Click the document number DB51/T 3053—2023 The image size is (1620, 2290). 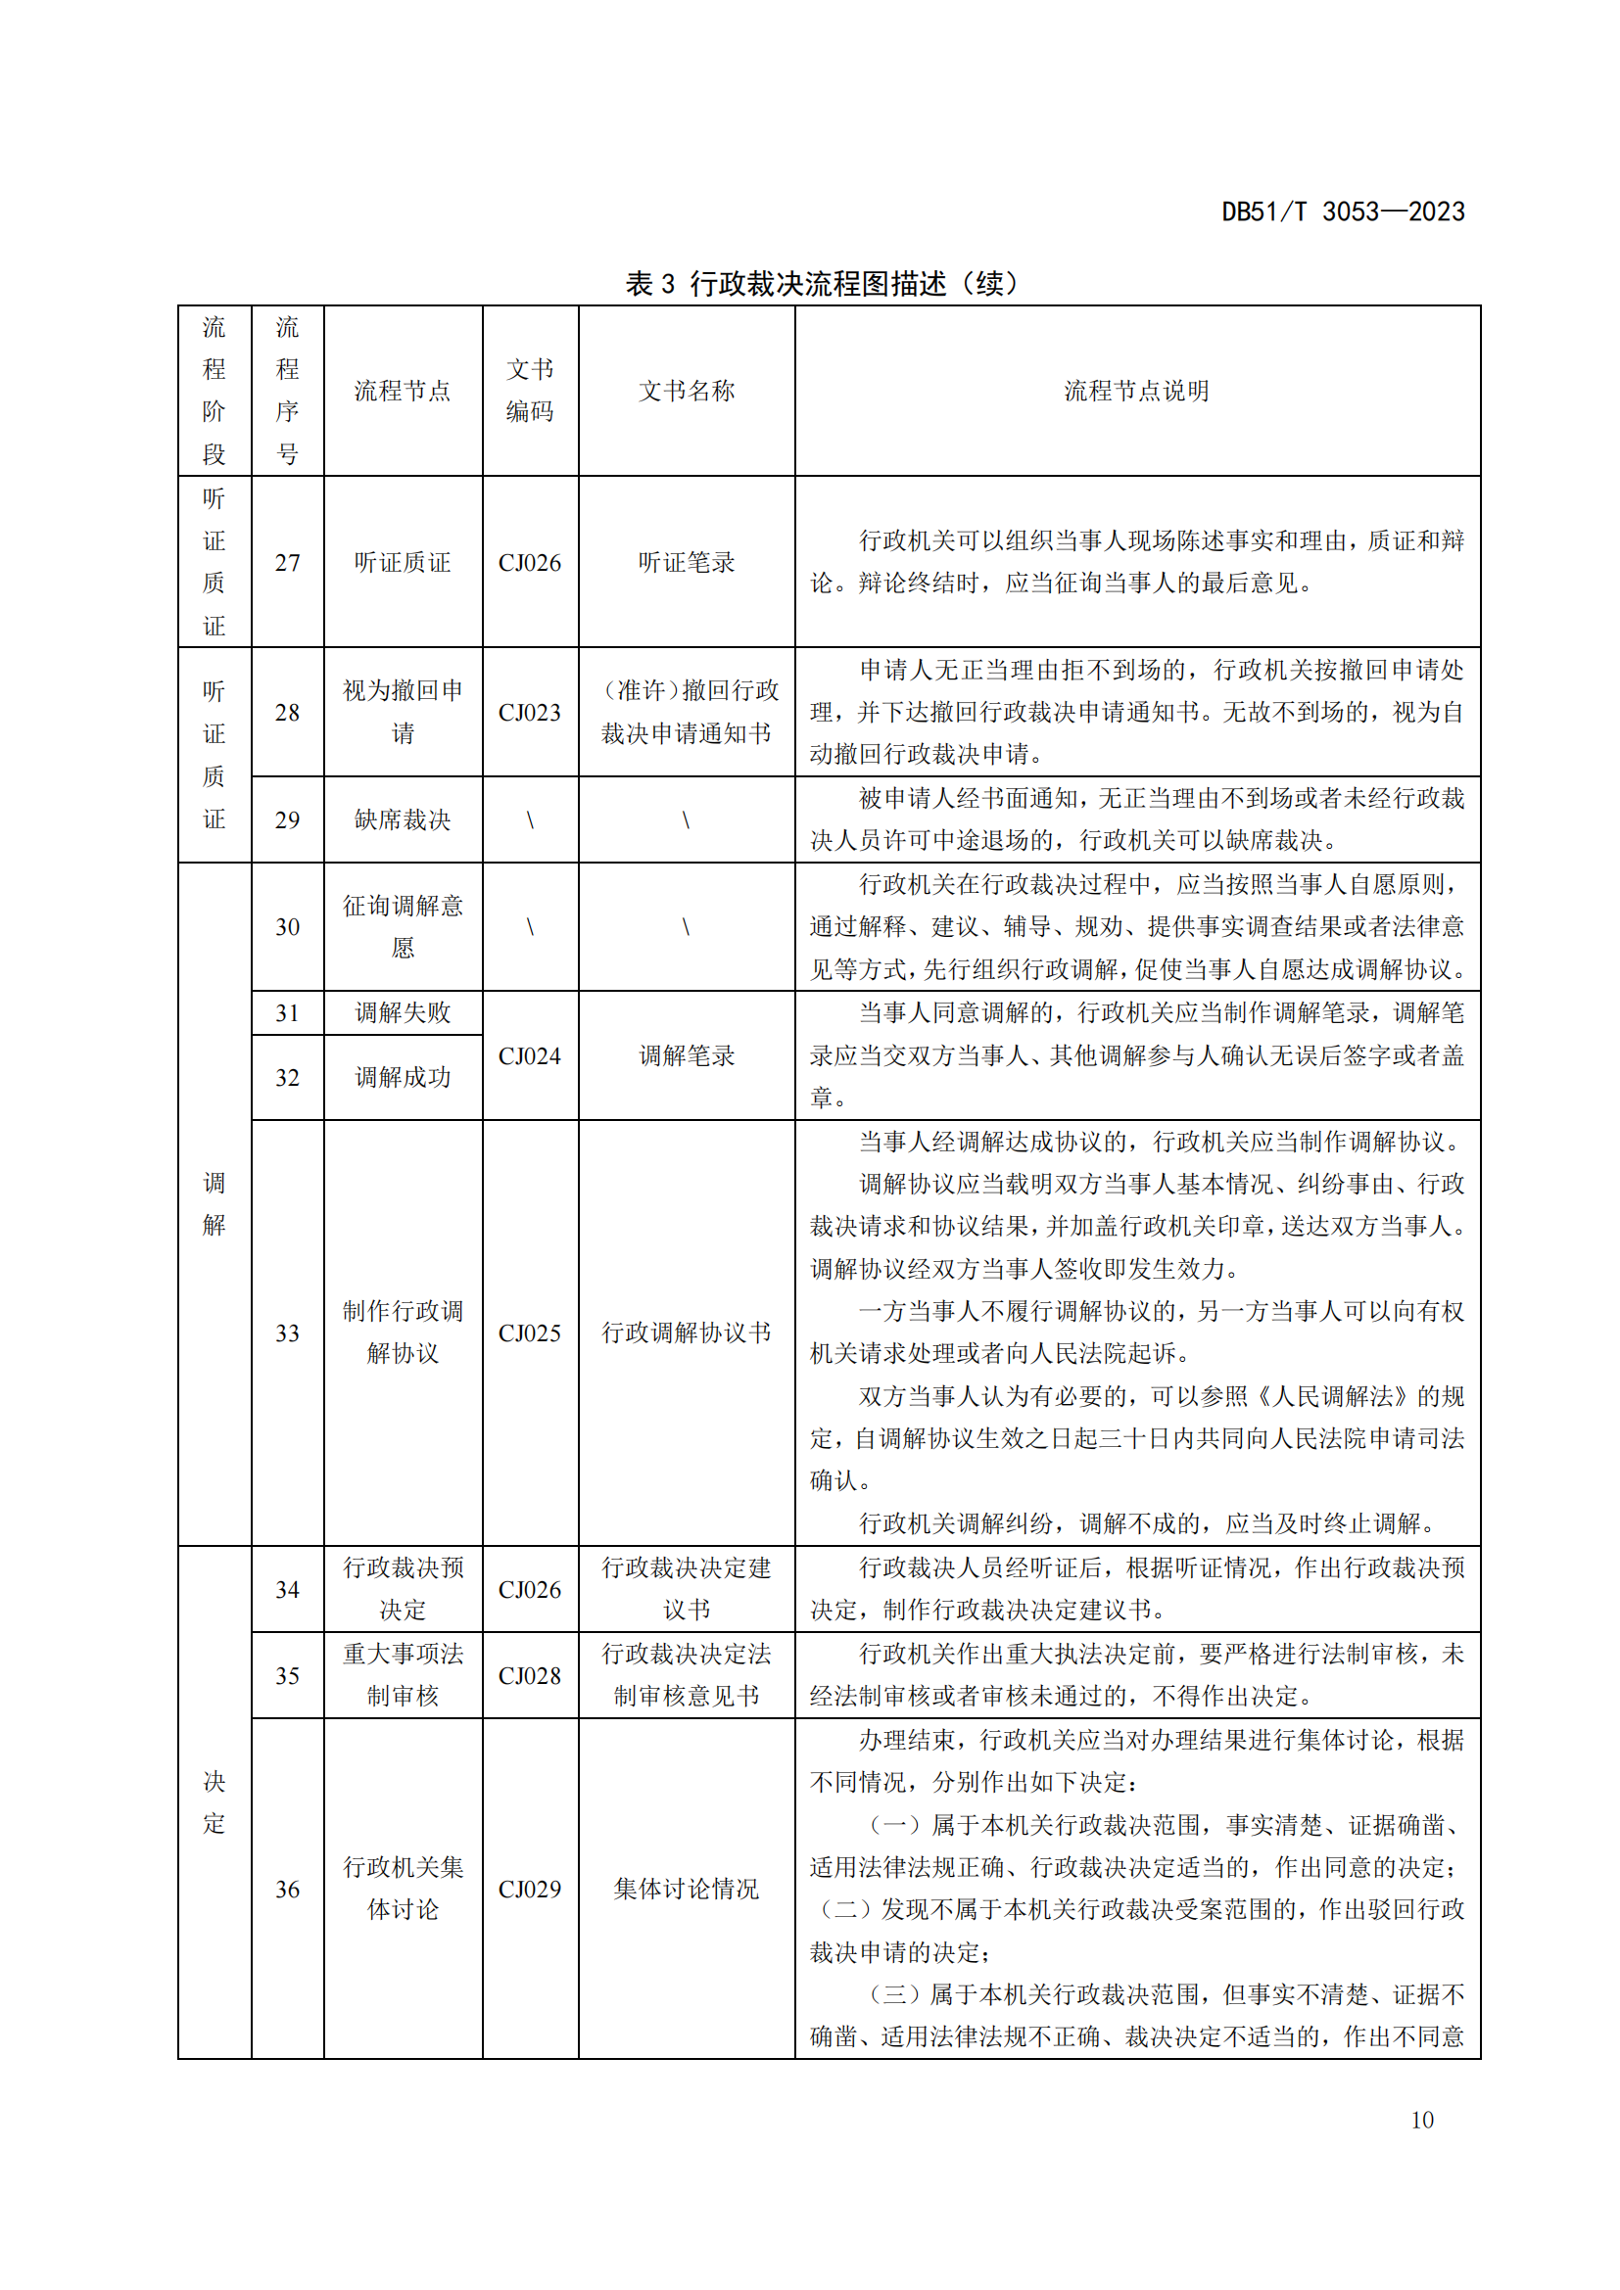[x=1343, y=211]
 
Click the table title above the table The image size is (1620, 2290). [x=821, y=283]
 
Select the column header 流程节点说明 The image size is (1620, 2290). [x=1136, y=391]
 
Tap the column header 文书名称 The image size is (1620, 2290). [x=687, y=391]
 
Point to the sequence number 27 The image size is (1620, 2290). [x=287, y=563]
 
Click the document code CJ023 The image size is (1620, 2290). [x=530, y=712]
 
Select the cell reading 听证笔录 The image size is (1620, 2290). [x=687, y=563]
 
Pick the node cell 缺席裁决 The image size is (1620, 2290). [x=403, y=819]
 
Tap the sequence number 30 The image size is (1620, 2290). [x=287, y=926]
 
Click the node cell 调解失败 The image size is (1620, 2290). [x=403, y=1012]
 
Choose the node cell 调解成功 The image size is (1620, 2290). [x=403, y=1077]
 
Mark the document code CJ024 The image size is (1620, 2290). [x=530, y=1055]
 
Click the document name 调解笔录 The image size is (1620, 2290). [x=687, y=1055]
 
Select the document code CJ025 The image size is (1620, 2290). [x=530, y=1332]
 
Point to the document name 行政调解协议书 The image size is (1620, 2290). [x=687, y=1332]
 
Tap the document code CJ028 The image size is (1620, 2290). [x=530, y=1675]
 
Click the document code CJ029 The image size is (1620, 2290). [x=530, y=1888]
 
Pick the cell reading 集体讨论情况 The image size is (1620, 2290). [x=687, y=1888]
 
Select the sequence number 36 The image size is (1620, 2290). [x=287, y=1888]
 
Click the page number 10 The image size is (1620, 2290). [x=1421, y=2120]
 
